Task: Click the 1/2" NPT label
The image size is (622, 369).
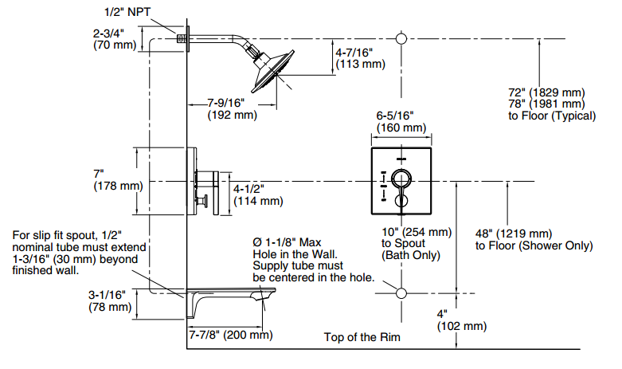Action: [127, 12]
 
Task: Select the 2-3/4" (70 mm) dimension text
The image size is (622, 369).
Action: [115, 39]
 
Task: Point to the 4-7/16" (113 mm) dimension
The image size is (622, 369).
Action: [360, 58]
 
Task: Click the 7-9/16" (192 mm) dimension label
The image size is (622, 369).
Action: [232, 109]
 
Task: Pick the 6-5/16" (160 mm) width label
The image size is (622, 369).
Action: [401, 121]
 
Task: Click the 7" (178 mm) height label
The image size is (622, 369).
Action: [118, 180]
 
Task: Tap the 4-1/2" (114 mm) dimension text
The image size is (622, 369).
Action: [258, 194]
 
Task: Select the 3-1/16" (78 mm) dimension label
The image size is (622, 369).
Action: [110, 300]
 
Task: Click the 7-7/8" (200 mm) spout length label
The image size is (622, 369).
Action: [230, 335]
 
